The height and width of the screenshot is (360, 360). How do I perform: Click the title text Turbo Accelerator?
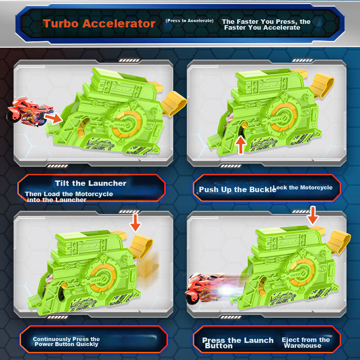[99, 24]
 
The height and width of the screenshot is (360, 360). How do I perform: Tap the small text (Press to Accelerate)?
[189, 21]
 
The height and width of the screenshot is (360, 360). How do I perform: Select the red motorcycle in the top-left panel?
[29, 109]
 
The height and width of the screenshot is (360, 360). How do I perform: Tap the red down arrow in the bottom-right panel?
[313, 215]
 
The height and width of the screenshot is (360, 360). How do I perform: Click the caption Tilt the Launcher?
[90, 183]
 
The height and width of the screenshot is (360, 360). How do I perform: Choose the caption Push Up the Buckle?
[237, 189]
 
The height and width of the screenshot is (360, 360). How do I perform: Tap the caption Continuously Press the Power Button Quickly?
[66, 342]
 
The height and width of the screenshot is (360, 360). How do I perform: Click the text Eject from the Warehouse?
[306, 342]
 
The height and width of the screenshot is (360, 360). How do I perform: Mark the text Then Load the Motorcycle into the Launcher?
[69, 197]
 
